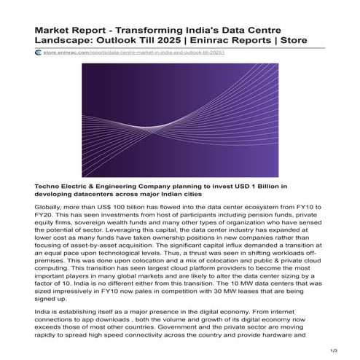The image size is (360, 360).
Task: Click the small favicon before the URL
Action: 38,52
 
